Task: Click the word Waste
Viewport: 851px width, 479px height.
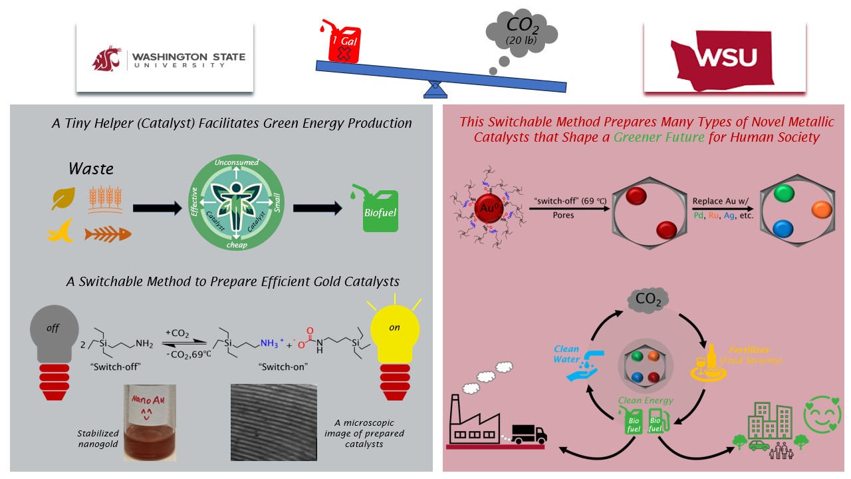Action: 90,169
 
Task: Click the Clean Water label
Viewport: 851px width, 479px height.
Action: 566,354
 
